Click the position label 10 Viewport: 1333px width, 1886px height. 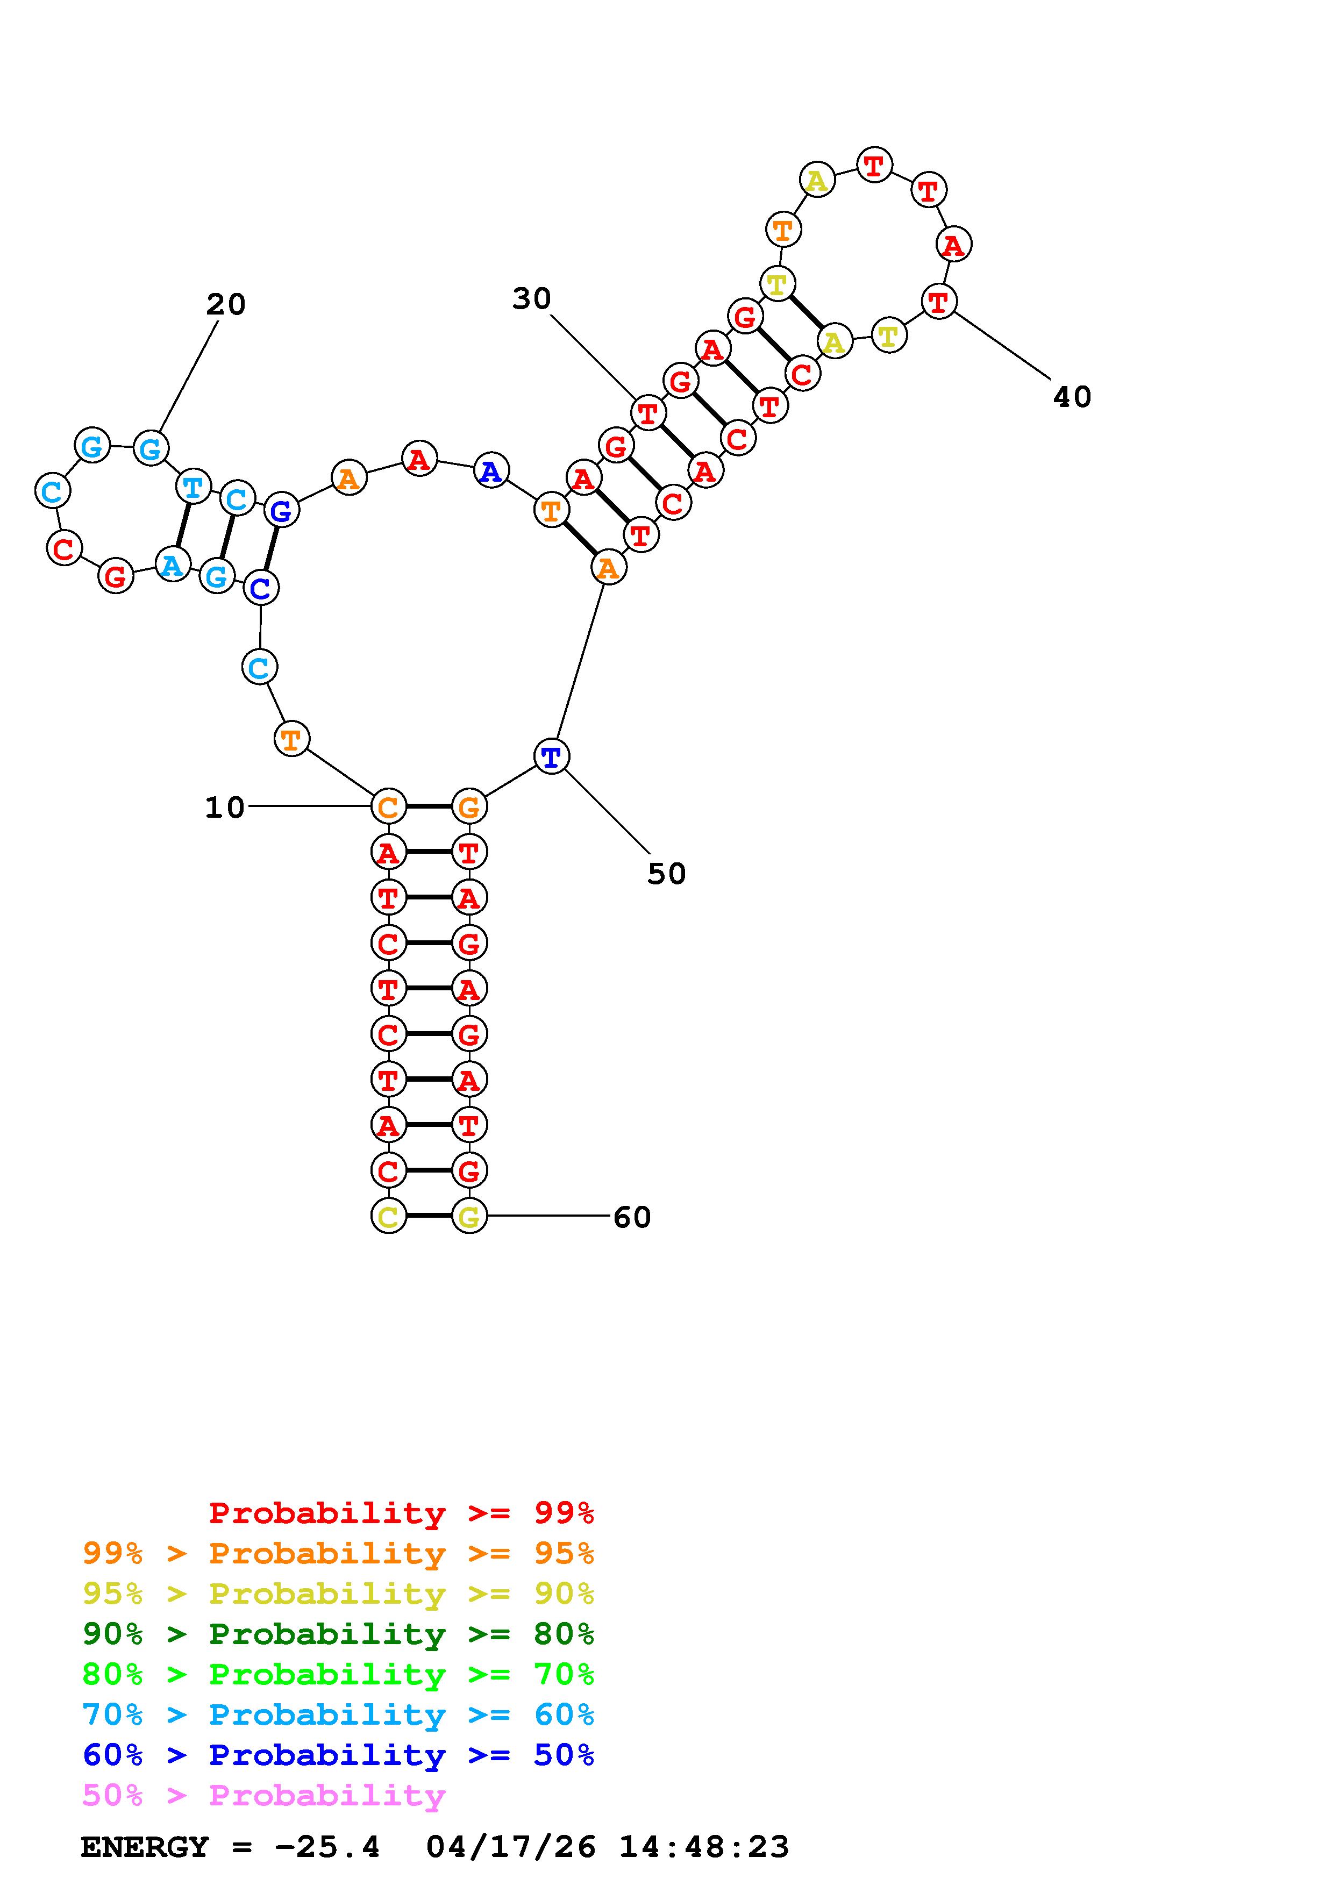coord(224,808)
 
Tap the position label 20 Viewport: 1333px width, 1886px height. coord(226,305)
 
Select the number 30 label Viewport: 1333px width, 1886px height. coord(531,299)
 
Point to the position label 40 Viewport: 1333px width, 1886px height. coord(1072,397)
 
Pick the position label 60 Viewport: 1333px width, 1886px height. coord(632,1217)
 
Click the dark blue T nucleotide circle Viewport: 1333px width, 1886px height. coord(551,756)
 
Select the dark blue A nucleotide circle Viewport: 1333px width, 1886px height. coord(491,470)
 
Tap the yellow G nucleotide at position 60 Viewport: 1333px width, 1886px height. coord(469,1216)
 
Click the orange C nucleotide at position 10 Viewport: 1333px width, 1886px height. coord(388,806)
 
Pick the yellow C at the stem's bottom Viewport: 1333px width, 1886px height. coord(388,1216)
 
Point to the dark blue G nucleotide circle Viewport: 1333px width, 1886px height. coord(282,510)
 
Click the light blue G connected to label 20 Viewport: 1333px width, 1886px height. coord(151,448)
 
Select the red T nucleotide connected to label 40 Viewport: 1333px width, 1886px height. coord(938,302)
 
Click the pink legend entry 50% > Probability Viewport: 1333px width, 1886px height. coord(263,1796)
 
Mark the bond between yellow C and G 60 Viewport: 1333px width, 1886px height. coord(429,1216)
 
